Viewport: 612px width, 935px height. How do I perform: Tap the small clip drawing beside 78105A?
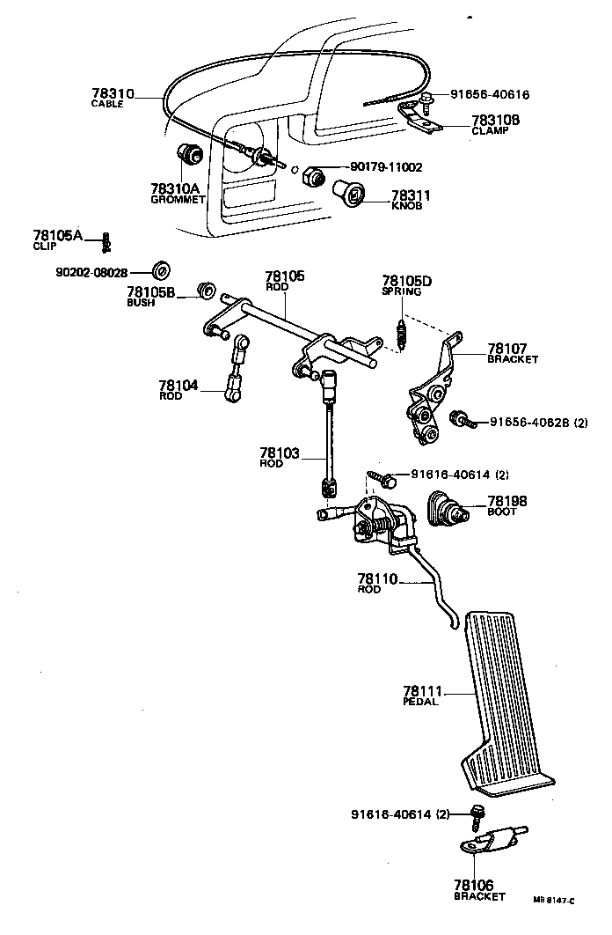[x=106, y=239]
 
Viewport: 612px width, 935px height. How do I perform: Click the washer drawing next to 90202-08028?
[x=162, y=269]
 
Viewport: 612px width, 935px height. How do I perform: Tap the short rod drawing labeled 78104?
[x=237, y=374]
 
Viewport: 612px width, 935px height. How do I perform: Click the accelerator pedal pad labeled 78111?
[x=501, y=696]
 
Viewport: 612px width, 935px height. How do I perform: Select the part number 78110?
[x=378, y=578]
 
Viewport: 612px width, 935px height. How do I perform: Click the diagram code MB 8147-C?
[x=554, y=900]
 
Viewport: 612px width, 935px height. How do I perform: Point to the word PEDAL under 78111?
[x=420, y=701]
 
